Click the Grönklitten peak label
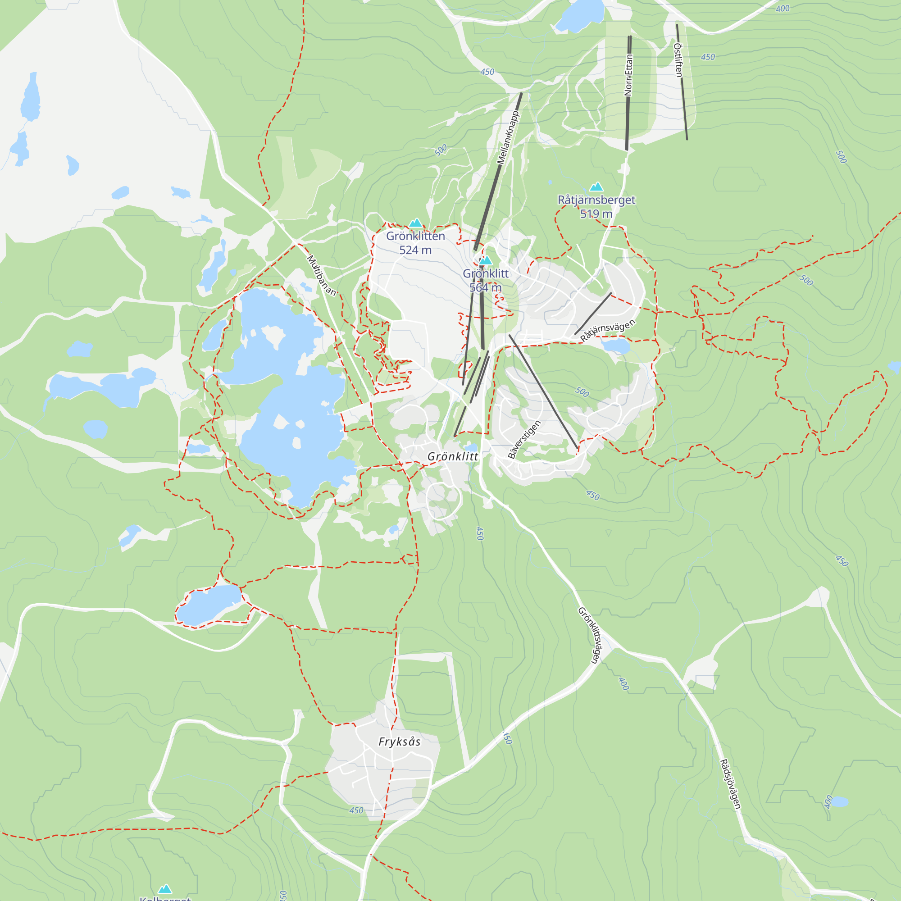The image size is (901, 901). [x=415, y=236]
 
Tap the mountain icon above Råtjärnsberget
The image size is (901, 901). [x=596, y=187]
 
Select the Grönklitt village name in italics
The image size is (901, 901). [x=453, y=456]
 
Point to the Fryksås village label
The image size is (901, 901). [x=399, y=742]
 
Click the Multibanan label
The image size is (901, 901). [x=321, y=275]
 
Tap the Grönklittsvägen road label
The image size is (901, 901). [x=591, y=635]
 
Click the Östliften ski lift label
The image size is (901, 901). [x=678, y=60]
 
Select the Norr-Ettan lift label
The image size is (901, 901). [x=628, y=75]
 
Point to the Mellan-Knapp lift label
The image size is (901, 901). [x=508, y=138]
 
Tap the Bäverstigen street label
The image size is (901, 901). [x=524, y=439]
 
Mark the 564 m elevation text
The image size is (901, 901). [x=485, y=288]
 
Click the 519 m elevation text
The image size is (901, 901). [x=596, y=214]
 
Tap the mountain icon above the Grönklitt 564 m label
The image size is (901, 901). [x=486, y=260]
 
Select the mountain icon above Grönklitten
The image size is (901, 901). [x=415, y=223]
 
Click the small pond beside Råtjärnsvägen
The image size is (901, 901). [x=615, y=346]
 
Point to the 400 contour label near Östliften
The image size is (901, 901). [x=783, y=9]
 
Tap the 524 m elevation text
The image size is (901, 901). [x=415, y=250]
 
